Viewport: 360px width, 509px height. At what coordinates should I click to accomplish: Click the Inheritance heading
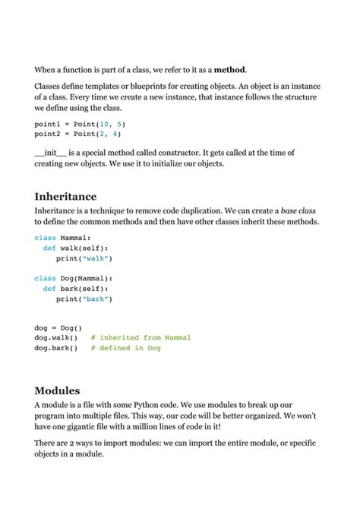(66, 196)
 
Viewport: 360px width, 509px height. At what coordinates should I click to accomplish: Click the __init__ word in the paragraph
(51, 153)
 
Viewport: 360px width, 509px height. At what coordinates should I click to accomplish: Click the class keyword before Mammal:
(45, 238)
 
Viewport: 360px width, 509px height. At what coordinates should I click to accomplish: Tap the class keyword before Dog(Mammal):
(45, 279)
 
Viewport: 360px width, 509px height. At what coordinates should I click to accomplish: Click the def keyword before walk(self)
(49, 248)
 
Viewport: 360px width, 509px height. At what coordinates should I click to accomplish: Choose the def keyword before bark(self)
(49, 289)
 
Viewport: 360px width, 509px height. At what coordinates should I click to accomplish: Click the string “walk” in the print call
(97, 258)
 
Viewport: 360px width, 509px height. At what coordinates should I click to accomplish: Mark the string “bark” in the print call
(97, 299)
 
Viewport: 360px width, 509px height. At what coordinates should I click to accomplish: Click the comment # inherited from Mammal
(141, 337)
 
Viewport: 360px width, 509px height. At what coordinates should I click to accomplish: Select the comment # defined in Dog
(125, 348)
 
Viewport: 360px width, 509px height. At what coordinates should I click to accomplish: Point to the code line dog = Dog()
(58, 327)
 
